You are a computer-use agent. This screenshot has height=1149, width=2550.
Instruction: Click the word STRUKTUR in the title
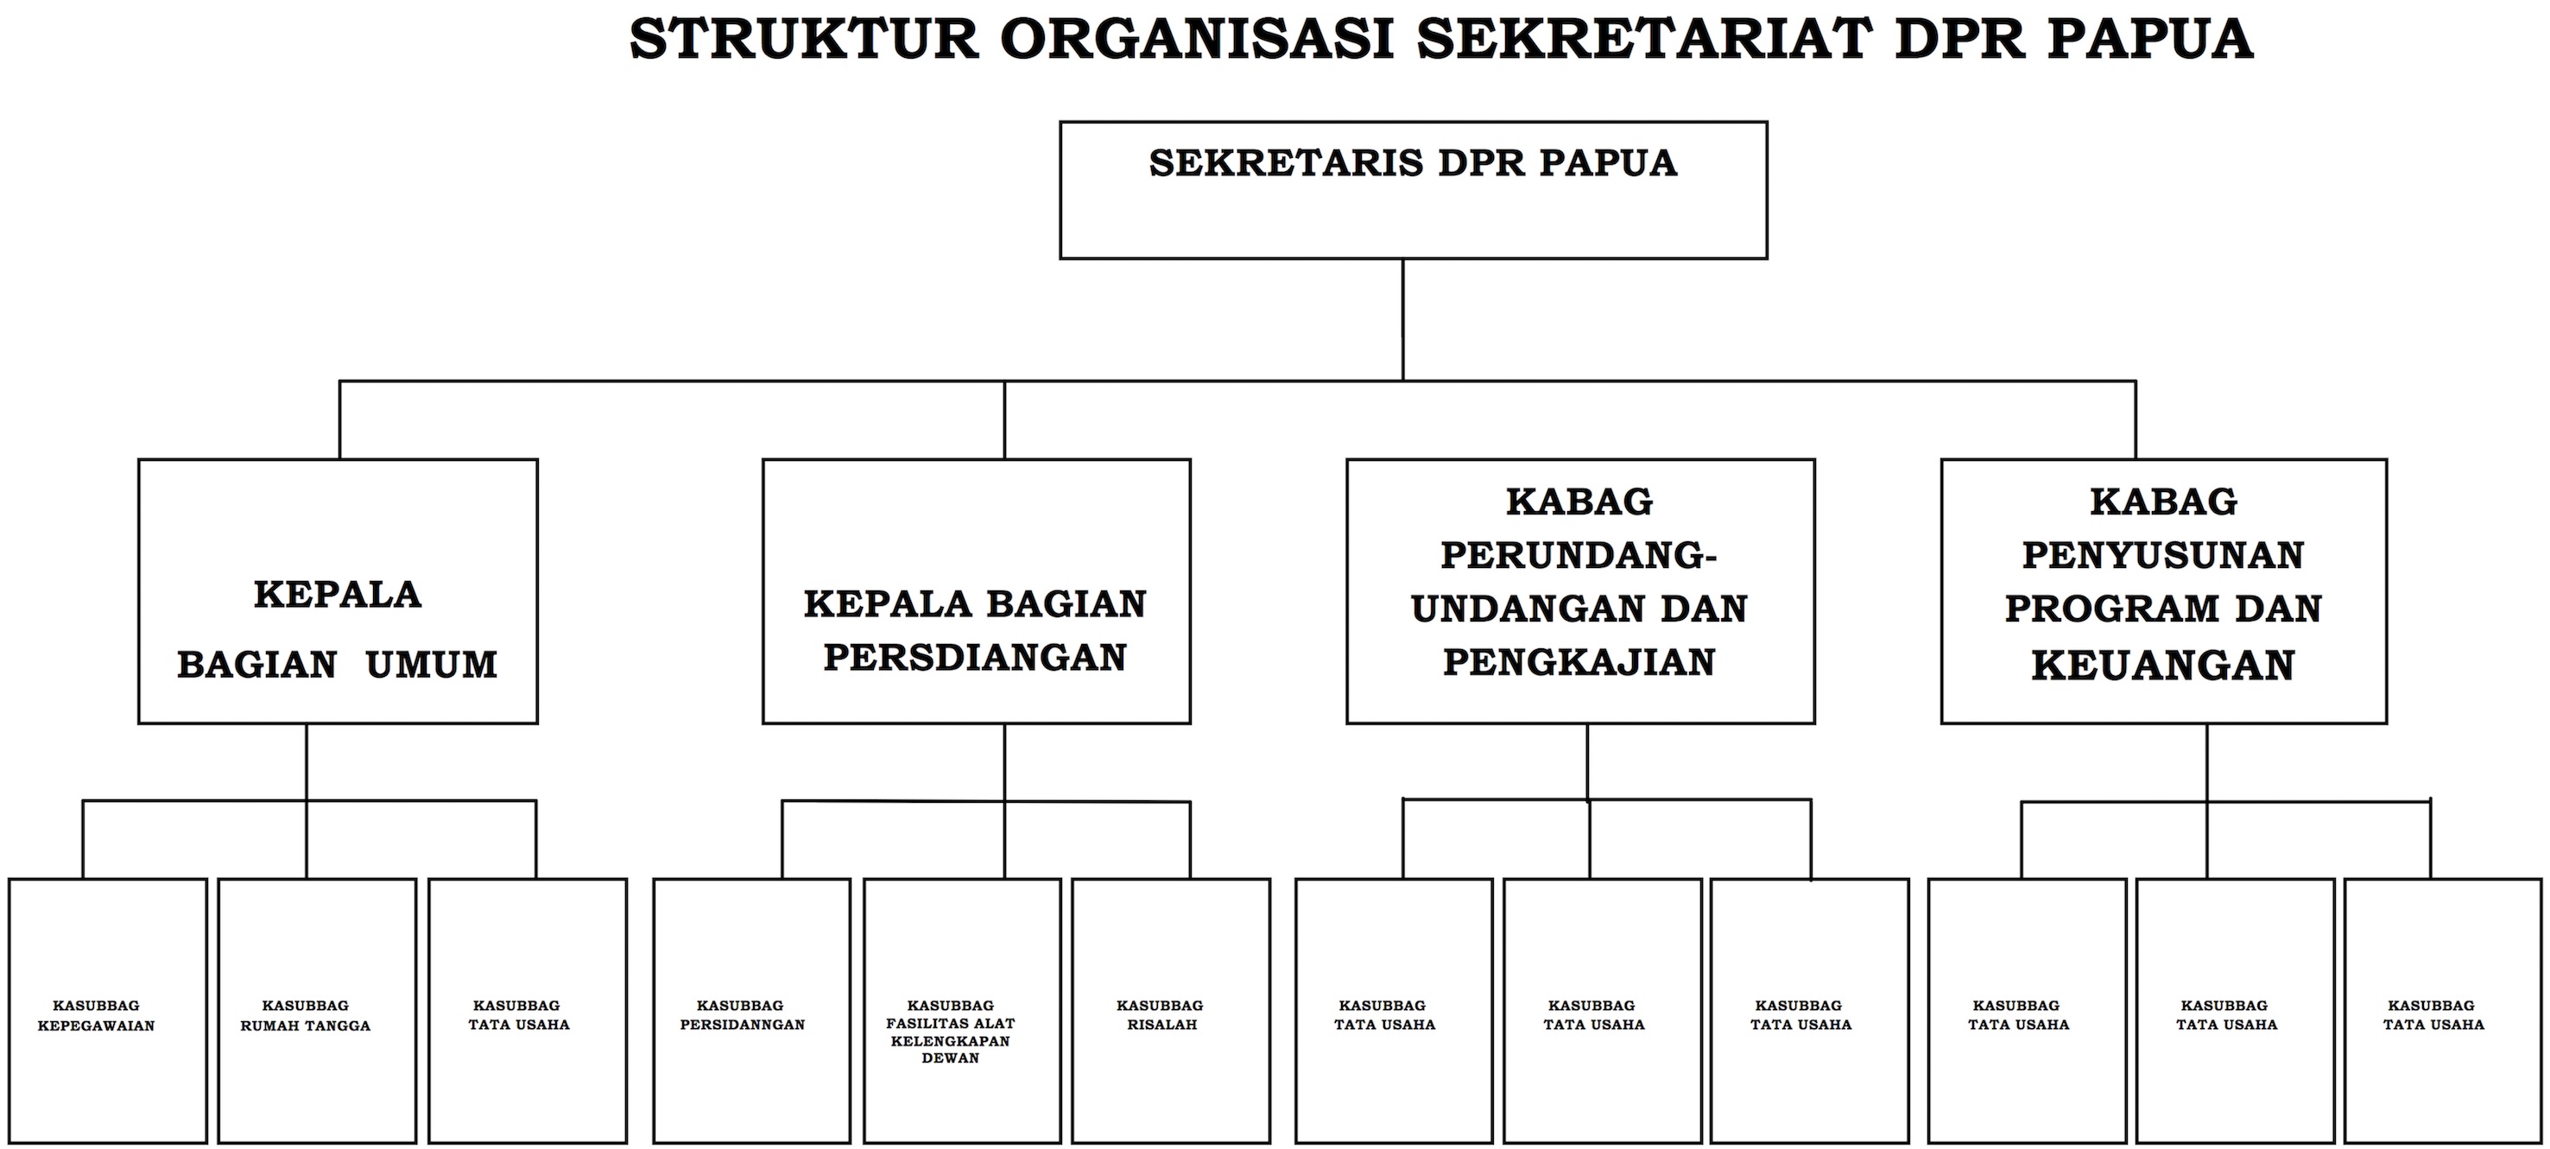pos(804,40)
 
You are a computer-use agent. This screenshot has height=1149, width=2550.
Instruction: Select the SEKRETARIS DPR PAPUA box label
pos(1413,163)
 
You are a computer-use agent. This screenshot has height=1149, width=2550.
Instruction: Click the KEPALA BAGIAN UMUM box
pos(338,590)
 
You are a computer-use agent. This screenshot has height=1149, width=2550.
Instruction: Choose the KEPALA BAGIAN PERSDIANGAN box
pos(976,590)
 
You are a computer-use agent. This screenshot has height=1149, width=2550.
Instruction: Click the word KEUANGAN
pos(2163,665)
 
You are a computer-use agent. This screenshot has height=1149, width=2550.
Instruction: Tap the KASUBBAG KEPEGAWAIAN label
pos(96,1015)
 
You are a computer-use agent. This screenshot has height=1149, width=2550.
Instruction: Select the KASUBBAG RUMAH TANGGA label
pos(305,1015)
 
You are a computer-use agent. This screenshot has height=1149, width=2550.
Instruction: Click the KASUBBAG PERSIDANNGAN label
pos(742,1015)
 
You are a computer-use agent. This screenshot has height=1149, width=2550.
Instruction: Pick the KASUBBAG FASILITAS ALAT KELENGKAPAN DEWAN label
pos(950,1032)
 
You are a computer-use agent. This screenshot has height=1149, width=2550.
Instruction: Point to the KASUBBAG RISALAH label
pos(1161,1015)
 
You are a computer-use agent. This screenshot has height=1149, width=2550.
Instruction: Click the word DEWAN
pos(950,1058)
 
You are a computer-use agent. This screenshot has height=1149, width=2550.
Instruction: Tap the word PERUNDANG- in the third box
pos(1579,555)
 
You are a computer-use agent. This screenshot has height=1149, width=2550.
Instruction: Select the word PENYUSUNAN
pos(2163,555)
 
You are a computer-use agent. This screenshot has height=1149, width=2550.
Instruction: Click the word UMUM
pos(432,665)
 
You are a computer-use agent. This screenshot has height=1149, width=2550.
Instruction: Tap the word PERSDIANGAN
pos(975,658)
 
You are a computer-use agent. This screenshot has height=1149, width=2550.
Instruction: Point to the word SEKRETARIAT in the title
pos(1644,40)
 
